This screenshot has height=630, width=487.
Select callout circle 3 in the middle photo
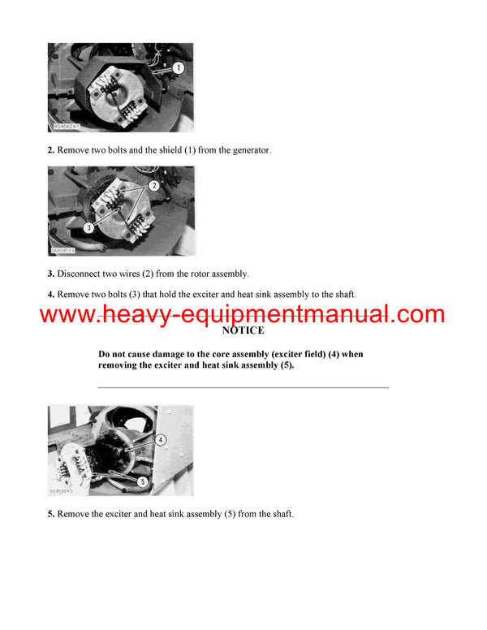point(88,228)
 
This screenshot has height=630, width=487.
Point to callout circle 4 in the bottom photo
point(161,440)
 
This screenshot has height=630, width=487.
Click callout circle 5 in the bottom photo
point(142,481)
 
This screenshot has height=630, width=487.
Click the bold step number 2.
point(51,149)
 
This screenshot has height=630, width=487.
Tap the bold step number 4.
point(51,294)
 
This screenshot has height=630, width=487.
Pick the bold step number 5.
point(51,515)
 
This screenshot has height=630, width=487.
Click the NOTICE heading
point(243,331)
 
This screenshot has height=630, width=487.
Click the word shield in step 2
point(154,149)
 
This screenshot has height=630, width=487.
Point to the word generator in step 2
point(245,149)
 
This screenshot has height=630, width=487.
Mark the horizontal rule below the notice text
point(243,387)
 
